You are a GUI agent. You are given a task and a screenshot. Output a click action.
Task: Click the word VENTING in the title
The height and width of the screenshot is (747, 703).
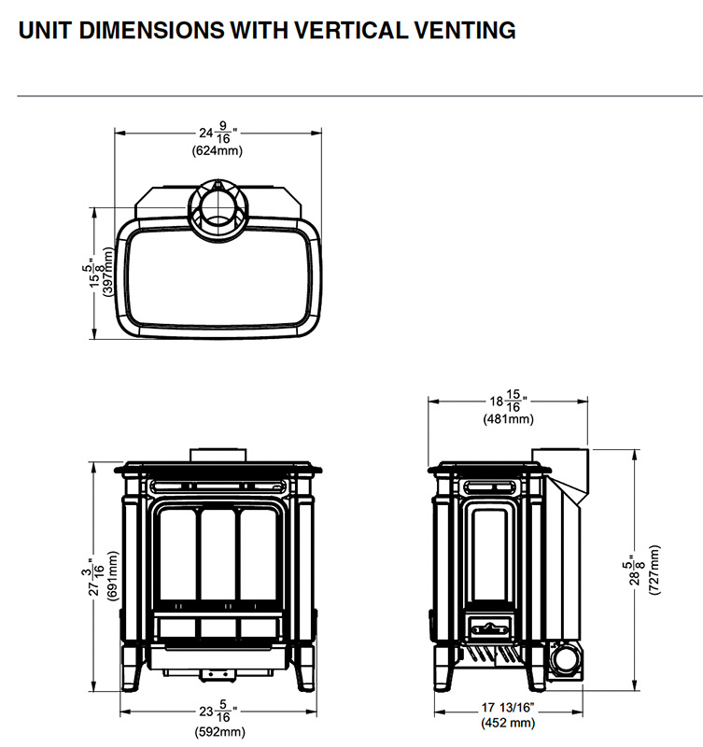tap(457, 31)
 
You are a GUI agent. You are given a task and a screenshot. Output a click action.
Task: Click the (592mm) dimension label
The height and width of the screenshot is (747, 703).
tap(221, 732)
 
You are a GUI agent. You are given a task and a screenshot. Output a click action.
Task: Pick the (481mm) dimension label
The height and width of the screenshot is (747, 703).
tap(508, 419)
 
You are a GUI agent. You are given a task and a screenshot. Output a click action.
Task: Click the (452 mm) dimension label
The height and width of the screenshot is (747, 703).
tap(509, 723)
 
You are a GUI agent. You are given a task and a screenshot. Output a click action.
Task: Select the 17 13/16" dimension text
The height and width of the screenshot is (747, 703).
tap(508, 709)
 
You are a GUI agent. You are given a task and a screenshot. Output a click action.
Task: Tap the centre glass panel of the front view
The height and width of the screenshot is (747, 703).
tap(219, 557)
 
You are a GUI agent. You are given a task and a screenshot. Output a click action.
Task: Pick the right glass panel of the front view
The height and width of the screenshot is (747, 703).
tap(261, 558)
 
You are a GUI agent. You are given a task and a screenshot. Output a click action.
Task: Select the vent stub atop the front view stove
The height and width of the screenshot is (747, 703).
tap(219, 455)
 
